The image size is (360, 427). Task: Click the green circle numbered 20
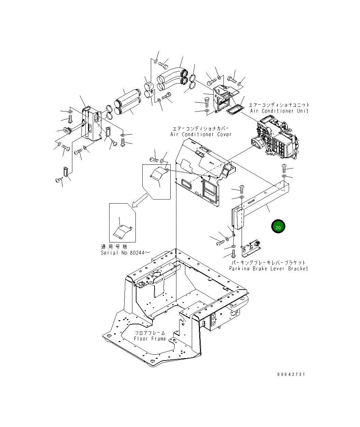(278, 226)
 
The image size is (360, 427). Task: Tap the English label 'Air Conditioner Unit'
(279, 111)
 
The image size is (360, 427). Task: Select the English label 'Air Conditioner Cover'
(201, 134)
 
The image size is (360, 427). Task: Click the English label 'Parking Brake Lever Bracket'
(268, 268)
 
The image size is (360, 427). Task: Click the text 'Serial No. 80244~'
(125, 253)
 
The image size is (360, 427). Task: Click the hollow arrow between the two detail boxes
(140, 200)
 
